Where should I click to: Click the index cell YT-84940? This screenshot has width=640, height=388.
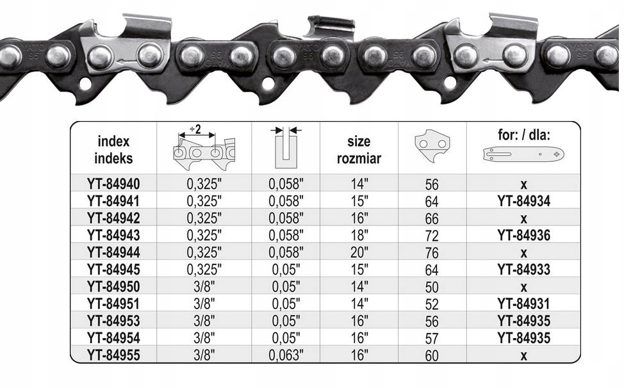coord(113,184)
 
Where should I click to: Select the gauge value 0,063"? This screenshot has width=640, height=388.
coord(286,355)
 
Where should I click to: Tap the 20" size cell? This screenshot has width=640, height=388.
coord(359,252)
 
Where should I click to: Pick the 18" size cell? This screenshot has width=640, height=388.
coord(359,236)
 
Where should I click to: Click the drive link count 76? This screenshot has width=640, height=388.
coord(432,253)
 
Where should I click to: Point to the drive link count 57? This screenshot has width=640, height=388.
coord(432,339)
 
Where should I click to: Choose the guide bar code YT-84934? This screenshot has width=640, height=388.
coord(523,201)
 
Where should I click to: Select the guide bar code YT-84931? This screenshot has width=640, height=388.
coord(523,304)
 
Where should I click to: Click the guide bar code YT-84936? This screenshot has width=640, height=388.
coord(523,236)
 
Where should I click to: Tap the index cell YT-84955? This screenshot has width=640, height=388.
coord(113,355)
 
